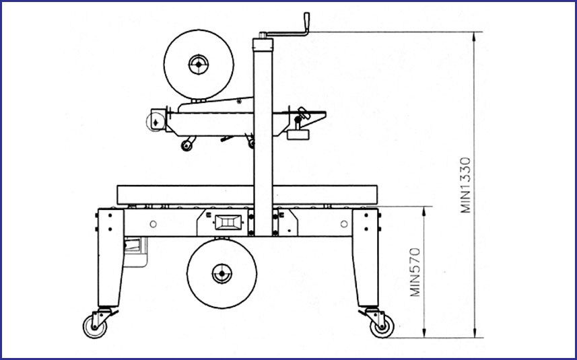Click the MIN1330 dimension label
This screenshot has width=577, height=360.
(465, 185)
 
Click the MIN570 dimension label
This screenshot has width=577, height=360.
(415, 272)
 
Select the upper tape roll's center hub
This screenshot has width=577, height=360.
(199, 65)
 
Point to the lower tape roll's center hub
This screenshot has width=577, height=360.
(222, 274)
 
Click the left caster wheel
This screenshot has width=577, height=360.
(95, 327)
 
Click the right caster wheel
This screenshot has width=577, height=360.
(382, 326)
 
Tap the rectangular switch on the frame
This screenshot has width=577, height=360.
(228, 222)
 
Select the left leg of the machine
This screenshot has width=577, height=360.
(110, 258)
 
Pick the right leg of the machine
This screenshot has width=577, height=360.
(366, 258)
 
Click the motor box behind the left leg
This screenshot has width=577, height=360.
(135, 252)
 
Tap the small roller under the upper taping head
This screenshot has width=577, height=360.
(186, 145)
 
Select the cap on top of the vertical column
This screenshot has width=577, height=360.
(263, 44)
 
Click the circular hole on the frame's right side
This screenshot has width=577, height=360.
(344, 223)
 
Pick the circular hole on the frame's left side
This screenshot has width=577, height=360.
(154, 224)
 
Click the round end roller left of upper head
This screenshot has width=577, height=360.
(156, 122)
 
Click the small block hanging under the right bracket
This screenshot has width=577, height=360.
(298, 134)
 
